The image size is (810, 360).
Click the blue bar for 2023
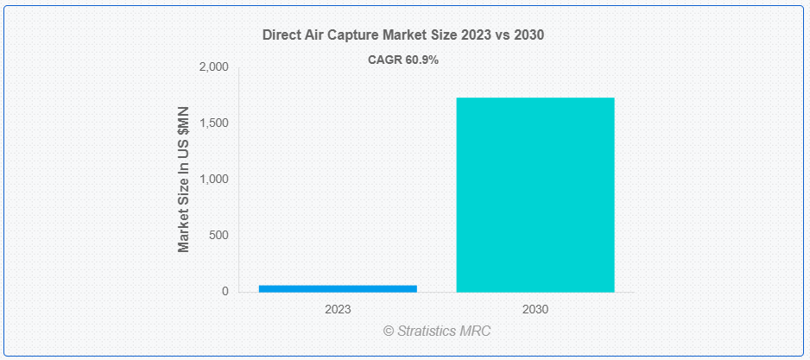[x=338, y=288]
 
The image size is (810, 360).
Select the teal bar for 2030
[x=535, y=194]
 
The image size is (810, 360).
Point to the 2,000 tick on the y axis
[x=214, y=67]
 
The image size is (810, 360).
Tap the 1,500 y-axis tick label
[x=214, y=123]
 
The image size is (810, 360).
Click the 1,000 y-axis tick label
[x=214, y=180]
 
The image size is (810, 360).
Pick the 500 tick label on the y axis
[x=219, y=236]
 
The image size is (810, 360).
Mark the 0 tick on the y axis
[x=225, y=292]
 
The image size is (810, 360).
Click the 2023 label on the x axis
[x=338, y=308]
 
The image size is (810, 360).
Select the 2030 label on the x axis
[x=535, y=308]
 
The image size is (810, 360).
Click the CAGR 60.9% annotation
[x=404, y=60]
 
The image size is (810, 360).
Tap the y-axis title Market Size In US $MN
[x=183, y=180]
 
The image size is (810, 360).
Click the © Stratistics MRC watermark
[x=437, y=331]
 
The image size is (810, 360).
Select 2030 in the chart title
[x=528, y=35]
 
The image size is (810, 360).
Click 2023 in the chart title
[x=473, y=35]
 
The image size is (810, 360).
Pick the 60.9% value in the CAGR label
[x=422, y=60]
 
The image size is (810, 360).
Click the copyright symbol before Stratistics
[x=388, y=331]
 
